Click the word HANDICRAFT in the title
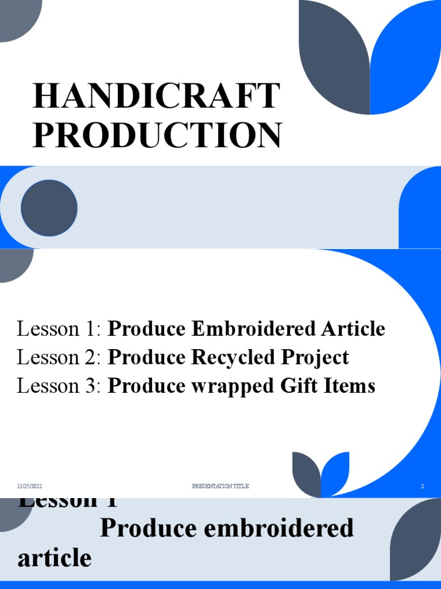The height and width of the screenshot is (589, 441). tap(156, 97)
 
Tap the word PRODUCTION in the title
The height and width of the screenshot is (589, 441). tap(156, 135)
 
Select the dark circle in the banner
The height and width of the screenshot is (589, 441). tap(49, 208)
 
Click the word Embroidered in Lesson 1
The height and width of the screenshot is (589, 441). tap(253, 330)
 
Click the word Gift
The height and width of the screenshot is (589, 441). tap(300, 386)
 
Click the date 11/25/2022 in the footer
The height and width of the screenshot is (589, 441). tap(29, 487)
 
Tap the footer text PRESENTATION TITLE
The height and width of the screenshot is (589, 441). tap(220, 487)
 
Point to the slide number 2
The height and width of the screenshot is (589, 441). tap(422, 487)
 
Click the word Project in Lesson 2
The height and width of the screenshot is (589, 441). tap(315, 358)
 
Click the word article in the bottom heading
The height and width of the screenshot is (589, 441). tap(55, 558)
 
